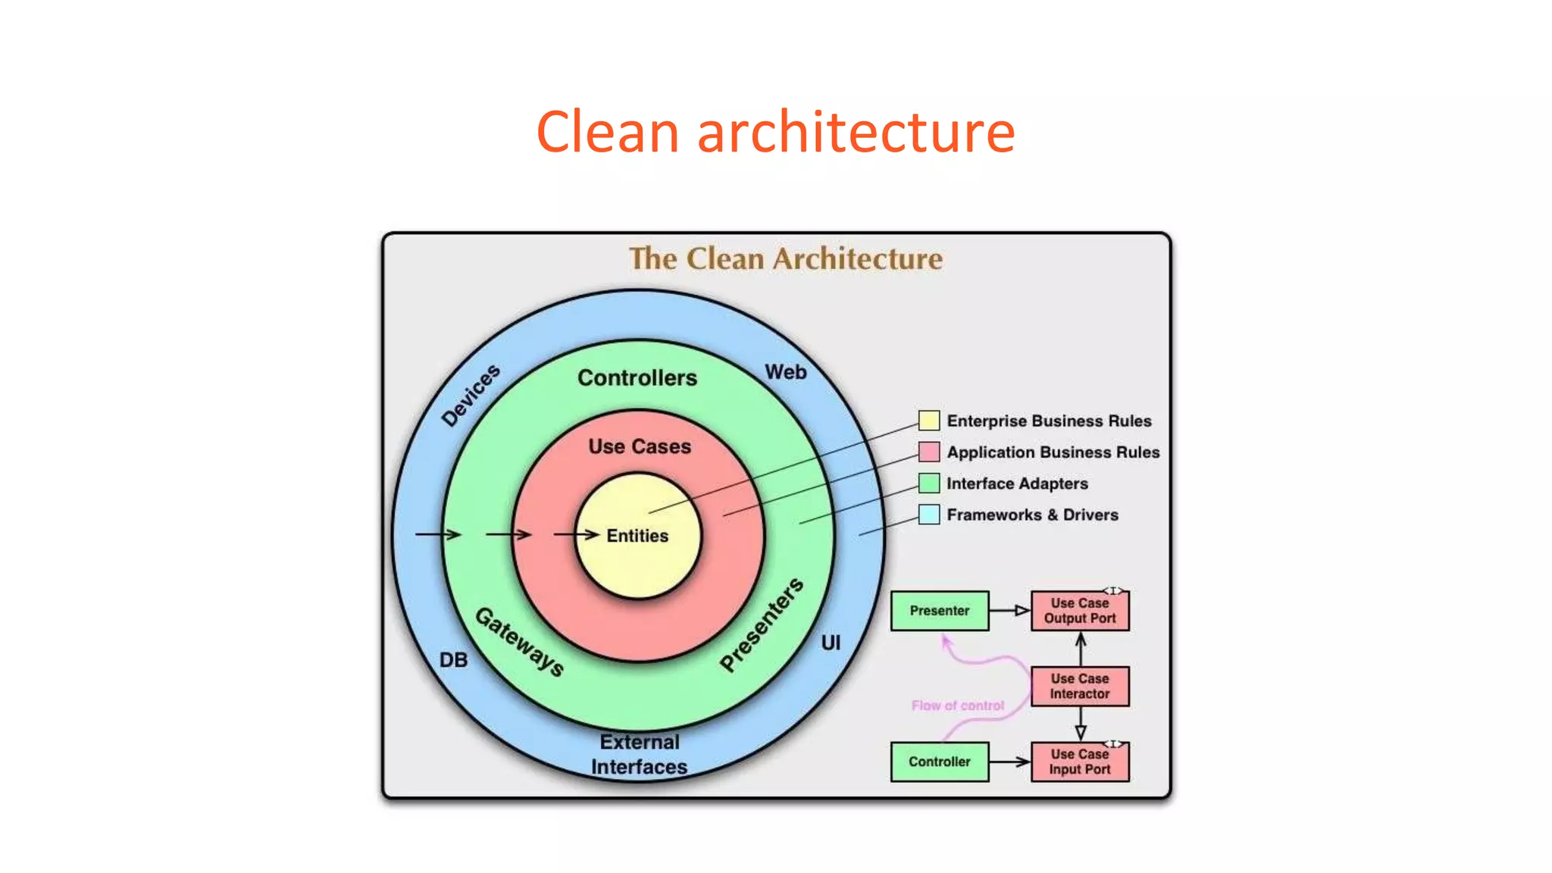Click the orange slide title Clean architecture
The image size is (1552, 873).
[775, 132]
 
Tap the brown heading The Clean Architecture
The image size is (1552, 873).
[786, 259]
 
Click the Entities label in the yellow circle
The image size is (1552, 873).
[637, 536]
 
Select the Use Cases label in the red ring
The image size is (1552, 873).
[640, 446]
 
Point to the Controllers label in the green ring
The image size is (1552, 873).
[637, 377]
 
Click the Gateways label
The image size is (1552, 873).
[520, 642]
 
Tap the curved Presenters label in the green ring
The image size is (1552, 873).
[761, 624]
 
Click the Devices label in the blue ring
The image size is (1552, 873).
[471, 395]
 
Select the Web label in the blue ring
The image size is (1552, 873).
[785, 372]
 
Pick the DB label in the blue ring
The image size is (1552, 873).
[453, 660]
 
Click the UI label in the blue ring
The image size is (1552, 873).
[831, 643]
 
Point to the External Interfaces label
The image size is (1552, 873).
[639, 754]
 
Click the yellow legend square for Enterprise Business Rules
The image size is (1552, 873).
[928, 421]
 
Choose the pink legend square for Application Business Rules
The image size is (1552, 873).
[928, 452]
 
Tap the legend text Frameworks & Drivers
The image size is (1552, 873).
[1032, 515]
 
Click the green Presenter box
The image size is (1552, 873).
[940, 611]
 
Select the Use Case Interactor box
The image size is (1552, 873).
[1080, 687]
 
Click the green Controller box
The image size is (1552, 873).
[940, 762]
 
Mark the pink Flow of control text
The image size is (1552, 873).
[957, 706]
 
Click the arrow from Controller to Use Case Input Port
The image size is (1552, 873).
[1009, 762]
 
